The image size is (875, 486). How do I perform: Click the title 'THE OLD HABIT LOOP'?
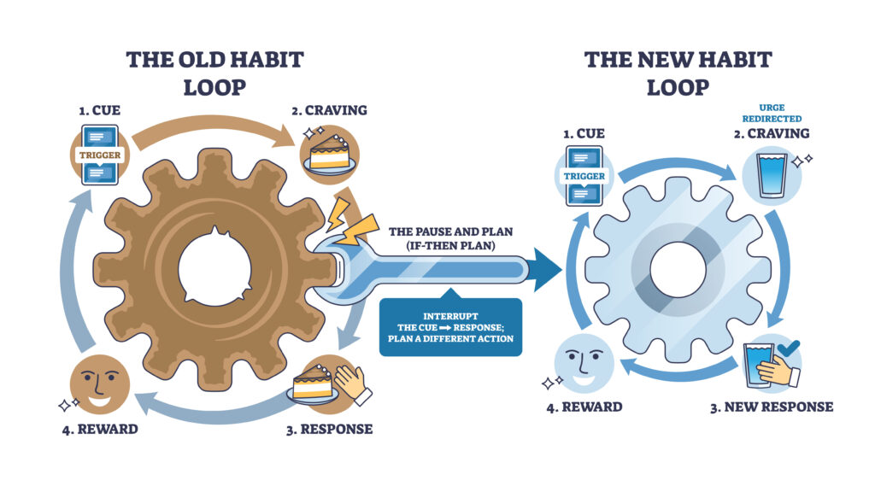coord(214,73)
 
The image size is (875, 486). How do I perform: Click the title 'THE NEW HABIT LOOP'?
coord(678,73)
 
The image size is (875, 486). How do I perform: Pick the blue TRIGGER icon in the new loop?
coord(584,176)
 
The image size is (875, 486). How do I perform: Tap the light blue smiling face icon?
coord(584,365)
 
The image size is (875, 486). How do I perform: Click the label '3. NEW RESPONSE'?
coord(771,407)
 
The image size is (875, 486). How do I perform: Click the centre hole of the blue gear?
coord(678,271)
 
